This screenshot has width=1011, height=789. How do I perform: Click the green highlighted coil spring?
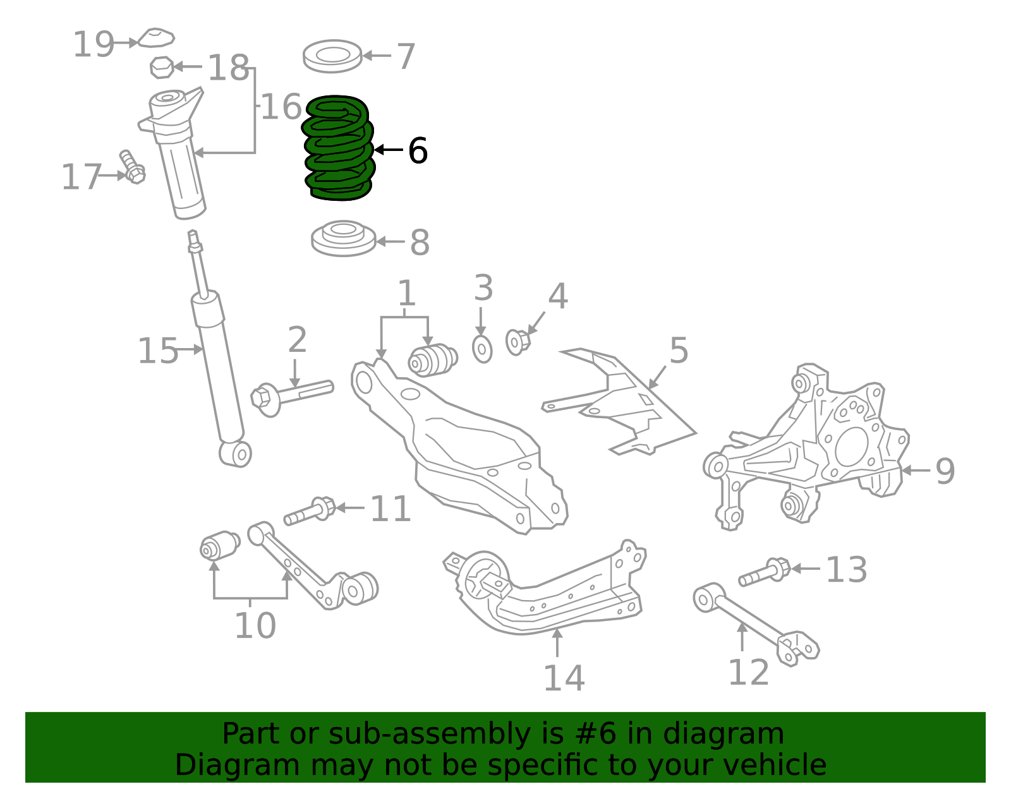[339, 148]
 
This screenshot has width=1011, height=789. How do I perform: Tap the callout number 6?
[418, 151]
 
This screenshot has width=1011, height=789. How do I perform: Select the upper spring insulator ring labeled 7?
[332, 56]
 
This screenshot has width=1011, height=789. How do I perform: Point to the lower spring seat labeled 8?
[343, 239]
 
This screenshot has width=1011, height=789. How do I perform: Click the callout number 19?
[94, 45]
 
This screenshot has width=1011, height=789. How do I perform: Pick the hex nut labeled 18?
[162, 67]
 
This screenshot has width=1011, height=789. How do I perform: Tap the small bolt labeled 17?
[132, 167]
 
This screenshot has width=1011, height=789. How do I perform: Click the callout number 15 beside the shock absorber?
[158, 351]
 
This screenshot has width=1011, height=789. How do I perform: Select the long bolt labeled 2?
[292, 395]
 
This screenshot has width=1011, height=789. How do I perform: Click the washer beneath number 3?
[482, 349]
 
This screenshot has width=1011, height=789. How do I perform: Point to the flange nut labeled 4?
[517, 342]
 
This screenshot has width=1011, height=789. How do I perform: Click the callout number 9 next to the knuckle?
[945, 471]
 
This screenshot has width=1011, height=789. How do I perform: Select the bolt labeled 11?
[310, 510]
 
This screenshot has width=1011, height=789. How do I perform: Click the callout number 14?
[564, 678]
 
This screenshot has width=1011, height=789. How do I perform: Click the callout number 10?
[255, 625]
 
